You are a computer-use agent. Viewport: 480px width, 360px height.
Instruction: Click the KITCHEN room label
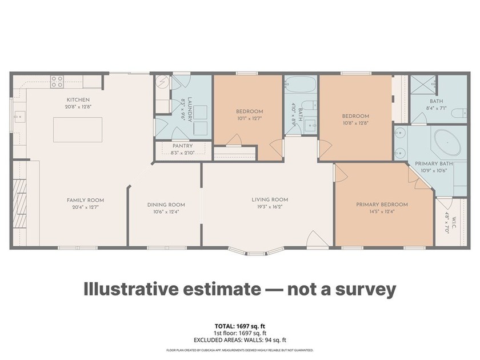[78, 99]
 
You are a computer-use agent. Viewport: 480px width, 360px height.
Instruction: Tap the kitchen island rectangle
[78, 129]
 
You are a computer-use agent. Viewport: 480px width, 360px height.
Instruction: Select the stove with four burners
[57, 82]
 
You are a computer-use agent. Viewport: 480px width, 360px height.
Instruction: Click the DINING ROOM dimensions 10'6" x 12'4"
[166, 212]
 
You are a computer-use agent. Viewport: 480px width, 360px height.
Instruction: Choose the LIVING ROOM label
[270, 199]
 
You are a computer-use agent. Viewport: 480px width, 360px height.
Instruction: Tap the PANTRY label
[182, 146]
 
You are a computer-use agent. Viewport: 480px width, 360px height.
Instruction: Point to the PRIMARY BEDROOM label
[382, 205]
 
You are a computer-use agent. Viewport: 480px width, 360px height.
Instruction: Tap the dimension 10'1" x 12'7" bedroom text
[249, 119]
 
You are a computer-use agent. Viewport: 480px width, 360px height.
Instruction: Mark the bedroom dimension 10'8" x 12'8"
[355, 123]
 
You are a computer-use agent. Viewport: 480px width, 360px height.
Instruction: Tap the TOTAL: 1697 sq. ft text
[240, 326]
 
